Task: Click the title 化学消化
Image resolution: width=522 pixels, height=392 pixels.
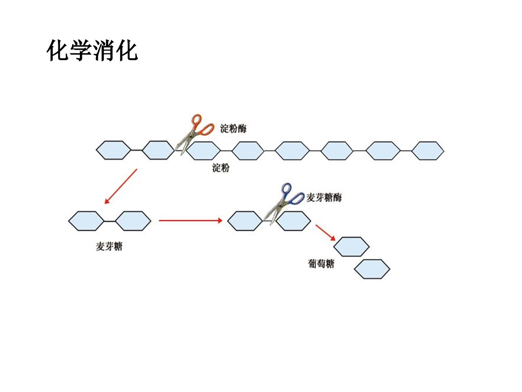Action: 92,50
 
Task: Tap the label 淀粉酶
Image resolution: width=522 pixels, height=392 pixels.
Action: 233,128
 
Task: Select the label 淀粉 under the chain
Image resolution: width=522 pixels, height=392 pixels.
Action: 221,168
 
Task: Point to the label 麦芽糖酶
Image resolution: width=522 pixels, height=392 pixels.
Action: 324,197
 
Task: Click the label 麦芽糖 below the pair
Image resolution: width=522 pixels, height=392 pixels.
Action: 109,246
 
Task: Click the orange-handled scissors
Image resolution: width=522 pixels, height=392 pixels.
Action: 194,134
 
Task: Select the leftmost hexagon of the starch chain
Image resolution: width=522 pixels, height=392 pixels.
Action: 113,150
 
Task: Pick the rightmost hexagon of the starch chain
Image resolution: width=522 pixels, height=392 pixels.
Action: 428,151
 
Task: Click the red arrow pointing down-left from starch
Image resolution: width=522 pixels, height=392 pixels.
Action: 121,186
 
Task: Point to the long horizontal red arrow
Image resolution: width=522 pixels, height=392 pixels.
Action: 190,221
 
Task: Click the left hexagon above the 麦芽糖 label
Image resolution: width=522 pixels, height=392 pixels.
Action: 86,221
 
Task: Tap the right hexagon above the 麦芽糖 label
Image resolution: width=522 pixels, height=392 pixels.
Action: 133,221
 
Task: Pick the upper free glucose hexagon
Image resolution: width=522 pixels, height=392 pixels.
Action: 351,246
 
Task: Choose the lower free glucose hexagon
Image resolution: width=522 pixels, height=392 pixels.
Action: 372,269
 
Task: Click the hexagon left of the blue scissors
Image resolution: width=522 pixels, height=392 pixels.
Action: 245,221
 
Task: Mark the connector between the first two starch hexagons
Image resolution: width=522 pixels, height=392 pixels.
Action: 137,150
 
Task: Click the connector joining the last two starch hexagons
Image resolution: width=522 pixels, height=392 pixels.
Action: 406,151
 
